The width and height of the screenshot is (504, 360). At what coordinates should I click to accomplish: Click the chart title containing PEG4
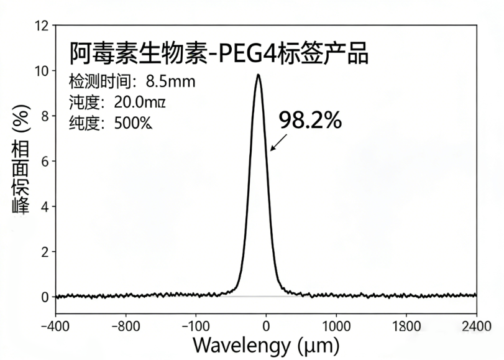tap(218, 55)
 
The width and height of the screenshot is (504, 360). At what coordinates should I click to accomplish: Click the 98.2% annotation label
tap(309, 121)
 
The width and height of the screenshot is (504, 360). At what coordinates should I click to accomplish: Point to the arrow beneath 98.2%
tap(279, 142)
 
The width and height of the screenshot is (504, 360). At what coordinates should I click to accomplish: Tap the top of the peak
tap(258, 75)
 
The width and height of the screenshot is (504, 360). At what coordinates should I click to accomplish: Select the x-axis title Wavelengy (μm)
tap(266, 344)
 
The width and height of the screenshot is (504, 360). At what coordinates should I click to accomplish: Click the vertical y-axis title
tap(21, 161)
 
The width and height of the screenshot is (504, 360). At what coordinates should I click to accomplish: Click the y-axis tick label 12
tap(42, 26)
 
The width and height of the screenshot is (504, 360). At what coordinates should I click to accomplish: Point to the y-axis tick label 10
tap(42, 71)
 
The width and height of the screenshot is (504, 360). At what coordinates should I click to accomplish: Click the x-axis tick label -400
tap(55, 325)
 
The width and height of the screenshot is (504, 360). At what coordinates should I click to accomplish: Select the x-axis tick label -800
tap(126, 325)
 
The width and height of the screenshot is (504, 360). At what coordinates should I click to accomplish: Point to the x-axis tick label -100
tap(196, 325)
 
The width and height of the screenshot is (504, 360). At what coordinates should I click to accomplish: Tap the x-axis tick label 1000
tap(336, 325)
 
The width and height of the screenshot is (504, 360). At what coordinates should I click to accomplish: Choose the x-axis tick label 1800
tap(406, 325)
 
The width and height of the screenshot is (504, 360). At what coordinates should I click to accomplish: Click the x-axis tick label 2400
tap(476, 325)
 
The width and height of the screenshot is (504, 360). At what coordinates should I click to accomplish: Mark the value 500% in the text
tap(133, 122)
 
